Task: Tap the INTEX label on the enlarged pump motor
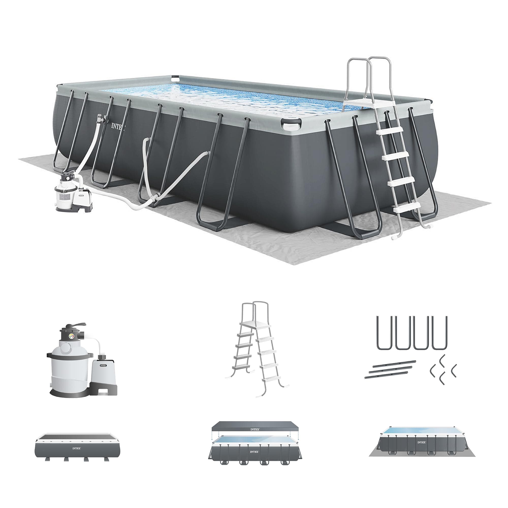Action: click(x=104, y=365)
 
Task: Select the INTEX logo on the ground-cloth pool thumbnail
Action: click(x=421, y=442)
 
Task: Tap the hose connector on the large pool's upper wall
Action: click(x=101, y=118)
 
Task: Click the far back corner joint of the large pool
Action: click(x=175, y=78)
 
